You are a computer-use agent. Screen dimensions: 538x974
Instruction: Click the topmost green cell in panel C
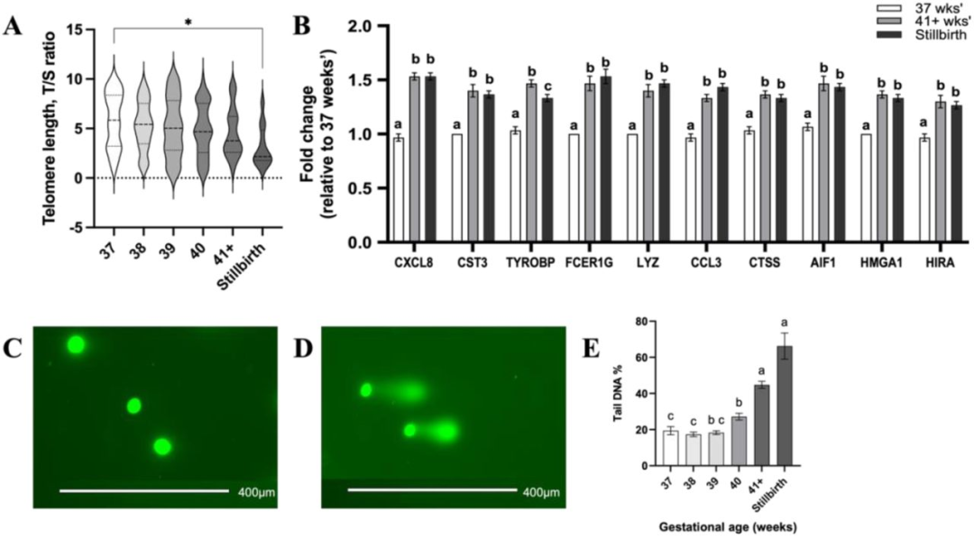coord(76,344)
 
